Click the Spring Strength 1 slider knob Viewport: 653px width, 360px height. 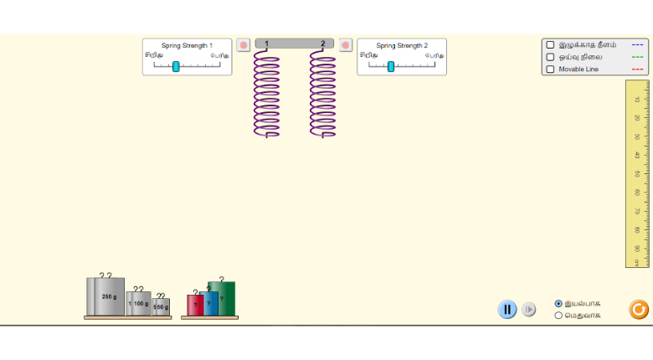pyautogui.click(x=176, y=66)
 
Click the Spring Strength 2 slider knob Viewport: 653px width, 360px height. pyautogui.click(x=391, y=66)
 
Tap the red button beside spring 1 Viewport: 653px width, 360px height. pyautogui.click(x=244, y=45)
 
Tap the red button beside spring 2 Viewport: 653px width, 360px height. pyautogui.click(x=346, y=45)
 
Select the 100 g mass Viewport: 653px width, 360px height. pyautogui.click(x=139, y=303)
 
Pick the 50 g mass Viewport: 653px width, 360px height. pyautogui.click(x=162, y=307)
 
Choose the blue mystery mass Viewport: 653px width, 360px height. pyautogui.click(x=209, y=303)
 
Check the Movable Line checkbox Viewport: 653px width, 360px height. pyautogui.click(x=550, y=69)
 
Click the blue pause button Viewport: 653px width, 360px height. pyautogui.click(x=507, y=310)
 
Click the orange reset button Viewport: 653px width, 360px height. pyautogui.click(x=639, y=310)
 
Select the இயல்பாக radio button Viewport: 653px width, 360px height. pyautogui.click(x=558, y=303)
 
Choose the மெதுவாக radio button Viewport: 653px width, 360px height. pyautogui.click(x=558, y=316)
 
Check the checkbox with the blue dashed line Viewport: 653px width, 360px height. pyautogui.click(x=550, y=44)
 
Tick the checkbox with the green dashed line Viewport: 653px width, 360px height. pyautogui.click(x=550, y=57)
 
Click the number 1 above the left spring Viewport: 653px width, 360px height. pyautogui.click(x=267, y=44)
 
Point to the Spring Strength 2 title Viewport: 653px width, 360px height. pyautogui.click(x=402, y=45)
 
